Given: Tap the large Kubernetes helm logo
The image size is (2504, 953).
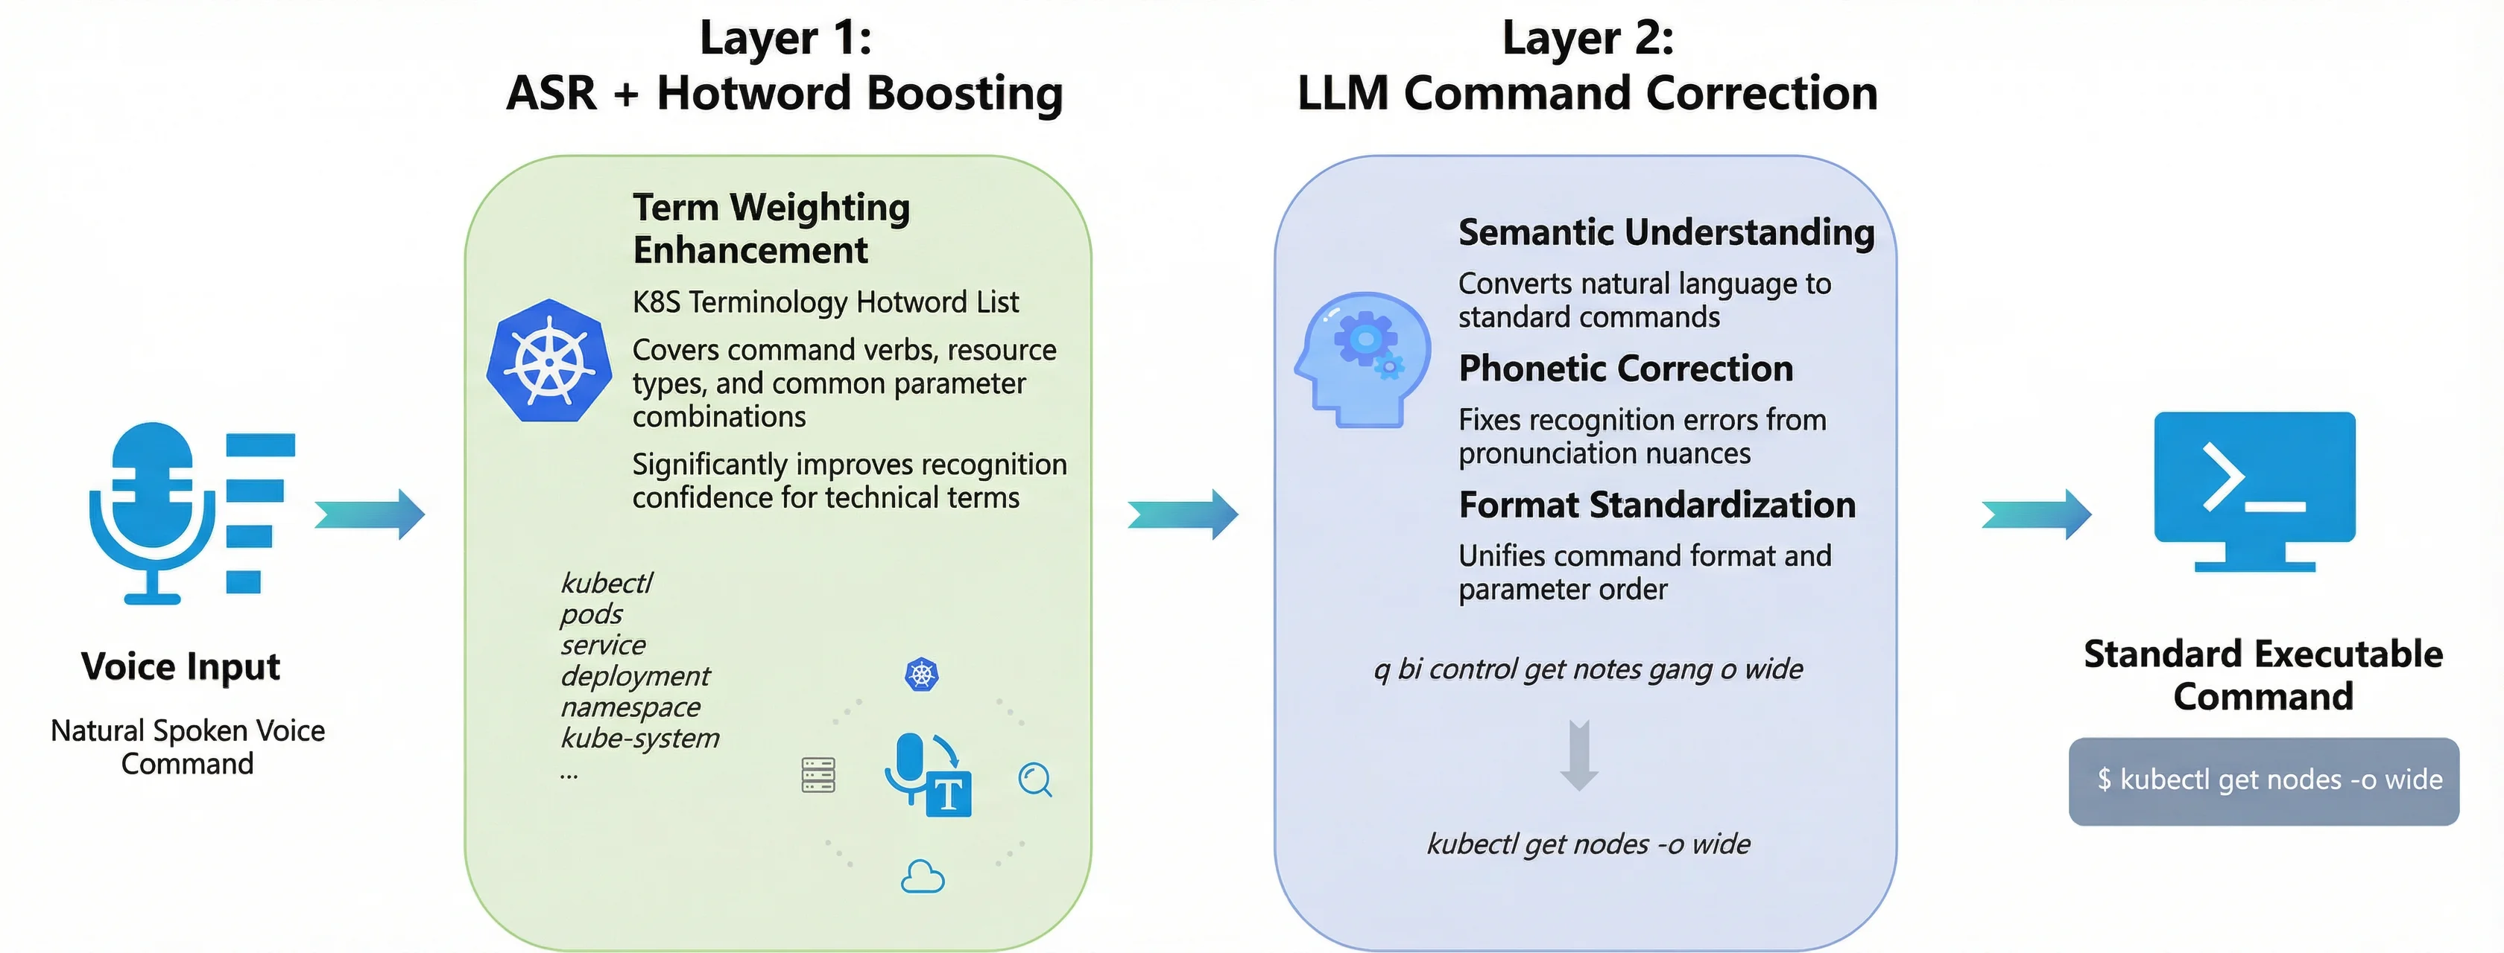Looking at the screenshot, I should point(549,361).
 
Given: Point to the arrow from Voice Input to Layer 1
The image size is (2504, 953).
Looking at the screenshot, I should point(370,514).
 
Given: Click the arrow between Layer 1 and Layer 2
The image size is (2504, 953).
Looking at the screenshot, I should point(1183,514).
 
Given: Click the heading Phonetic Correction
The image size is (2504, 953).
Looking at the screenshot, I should point(1625,369).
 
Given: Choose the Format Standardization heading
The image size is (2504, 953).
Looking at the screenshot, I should point(1657,505).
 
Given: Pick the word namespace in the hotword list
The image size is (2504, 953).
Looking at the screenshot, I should point(630,707).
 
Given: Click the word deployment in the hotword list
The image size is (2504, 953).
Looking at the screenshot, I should point(635,676).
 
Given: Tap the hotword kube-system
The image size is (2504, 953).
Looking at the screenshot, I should point(639,739).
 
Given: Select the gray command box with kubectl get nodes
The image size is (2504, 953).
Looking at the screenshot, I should point(2263,781).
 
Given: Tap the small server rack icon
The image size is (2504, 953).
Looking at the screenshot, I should point(818,775).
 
